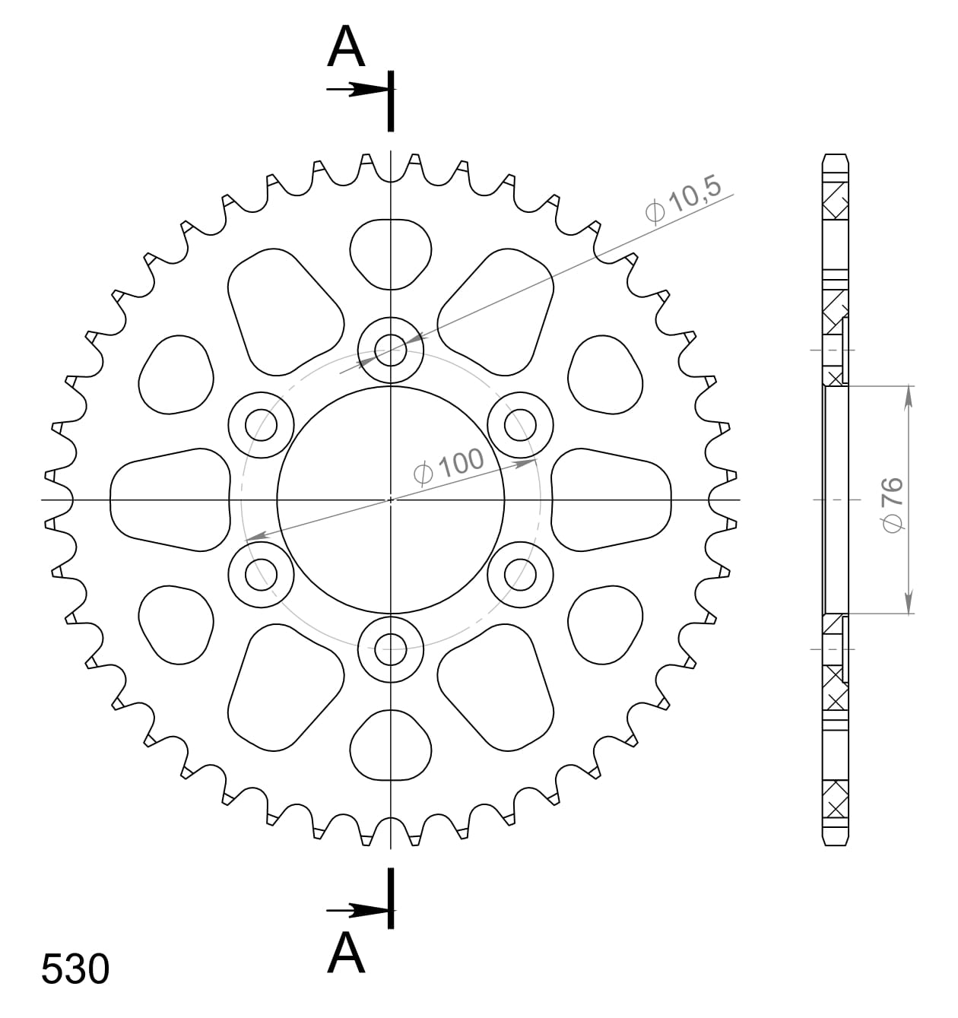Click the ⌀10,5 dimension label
(683, 201)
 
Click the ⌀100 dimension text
(449, 465)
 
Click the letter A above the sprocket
(346, 47)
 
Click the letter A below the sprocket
(346, 953)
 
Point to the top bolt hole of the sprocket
(391, 351)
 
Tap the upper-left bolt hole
(262, 425)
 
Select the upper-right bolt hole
(520, 425)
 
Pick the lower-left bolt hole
(262, 574)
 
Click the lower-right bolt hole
(520, 574)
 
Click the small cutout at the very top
(391, 253)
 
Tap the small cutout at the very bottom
(391, 746)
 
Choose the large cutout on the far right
(611, 499)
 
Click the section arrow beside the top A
(357, 90)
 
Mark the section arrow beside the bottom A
(357, 910)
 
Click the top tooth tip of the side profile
(835, 157)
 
